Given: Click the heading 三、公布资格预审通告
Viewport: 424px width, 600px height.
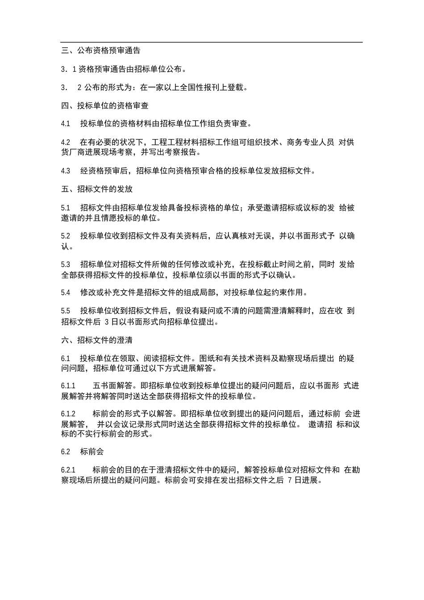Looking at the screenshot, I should tap(100, 51).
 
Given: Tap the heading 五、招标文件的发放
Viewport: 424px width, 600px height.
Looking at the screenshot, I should tap(97, 189).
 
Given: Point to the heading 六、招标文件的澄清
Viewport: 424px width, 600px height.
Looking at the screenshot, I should tap(97, 340).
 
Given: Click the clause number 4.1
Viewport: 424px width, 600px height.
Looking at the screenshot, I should tap(66, 124).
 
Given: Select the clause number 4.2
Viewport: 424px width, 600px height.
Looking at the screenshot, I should tap(66, 142).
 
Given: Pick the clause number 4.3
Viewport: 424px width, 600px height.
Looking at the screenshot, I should tap(66, 171).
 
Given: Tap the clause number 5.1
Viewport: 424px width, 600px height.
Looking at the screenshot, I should tap(66, 208).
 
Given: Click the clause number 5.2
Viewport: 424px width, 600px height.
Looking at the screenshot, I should tap(66, 236).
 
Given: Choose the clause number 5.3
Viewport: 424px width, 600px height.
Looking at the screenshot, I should tap(66, 264).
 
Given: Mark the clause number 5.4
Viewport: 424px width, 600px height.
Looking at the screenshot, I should tap(66, 292).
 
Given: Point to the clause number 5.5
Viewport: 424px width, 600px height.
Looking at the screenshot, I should tap(66, 311).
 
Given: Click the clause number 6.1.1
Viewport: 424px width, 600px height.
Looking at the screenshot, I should tap(68, 386).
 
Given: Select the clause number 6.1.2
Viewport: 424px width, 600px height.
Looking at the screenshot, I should tap(68, 414).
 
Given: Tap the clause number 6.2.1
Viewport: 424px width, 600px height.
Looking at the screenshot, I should tap(68, 470).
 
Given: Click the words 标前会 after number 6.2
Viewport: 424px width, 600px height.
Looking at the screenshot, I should tap(92, 452).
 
